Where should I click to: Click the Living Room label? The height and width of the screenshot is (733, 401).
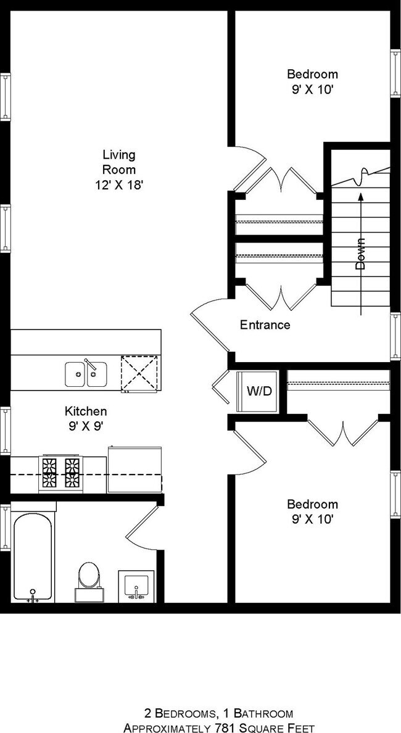point(118,162)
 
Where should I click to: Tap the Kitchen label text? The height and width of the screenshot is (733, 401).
point(86,411)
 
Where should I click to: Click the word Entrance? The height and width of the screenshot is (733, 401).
point(265,325)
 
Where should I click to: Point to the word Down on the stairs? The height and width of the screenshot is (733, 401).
point(361,254)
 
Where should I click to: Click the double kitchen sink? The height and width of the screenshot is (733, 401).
point(86,374)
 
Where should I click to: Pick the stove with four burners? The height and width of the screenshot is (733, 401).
point(60,474)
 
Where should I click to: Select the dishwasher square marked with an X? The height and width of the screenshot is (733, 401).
point(139,373)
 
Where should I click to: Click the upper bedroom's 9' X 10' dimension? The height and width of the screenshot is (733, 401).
point(312,89)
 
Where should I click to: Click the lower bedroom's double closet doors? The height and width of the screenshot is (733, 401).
point(342,432)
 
